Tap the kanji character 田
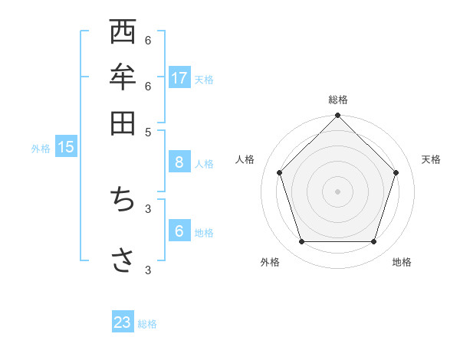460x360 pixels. pos(123,123)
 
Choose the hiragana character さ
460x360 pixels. pos(123,260)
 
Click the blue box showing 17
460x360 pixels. pos(179,77)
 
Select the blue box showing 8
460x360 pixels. pos(179,162)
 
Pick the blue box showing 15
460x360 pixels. pos(66,147)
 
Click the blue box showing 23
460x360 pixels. pos(123,322)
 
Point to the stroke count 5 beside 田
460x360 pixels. pos(148,131)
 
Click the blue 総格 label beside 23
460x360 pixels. pos(147,324)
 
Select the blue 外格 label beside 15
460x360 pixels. pos(41,149)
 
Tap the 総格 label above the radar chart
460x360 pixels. pos(337,100)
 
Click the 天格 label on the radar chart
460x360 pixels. pos(431,159)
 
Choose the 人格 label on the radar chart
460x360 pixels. pos(245,159)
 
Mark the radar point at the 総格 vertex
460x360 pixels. pos(337,116)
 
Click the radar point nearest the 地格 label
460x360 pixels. pos(373,241)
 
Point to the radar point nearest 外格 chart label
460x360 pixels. pos(301,241)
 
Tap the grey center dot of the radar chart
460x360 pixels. pos(337,191)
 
